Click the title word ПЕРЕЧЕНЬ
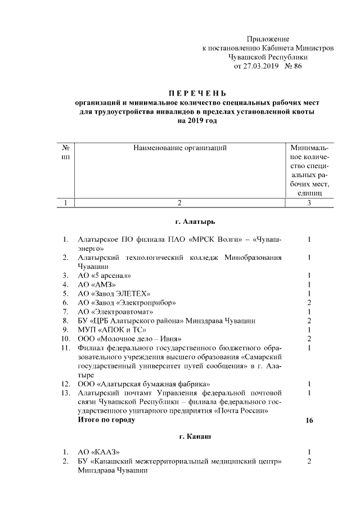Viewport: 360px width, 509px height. click(196, 93)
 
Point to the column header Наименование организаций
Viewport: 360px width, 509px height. click(179, 148)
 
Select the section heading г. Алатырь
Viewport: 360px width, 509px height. click(195, 222)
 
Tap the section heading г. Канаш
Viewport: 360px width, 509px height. click(195, 436)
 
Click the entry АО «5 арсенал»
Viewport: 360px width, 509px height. click(105, 276)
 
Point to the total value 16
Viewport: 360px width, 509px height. click(309, 420)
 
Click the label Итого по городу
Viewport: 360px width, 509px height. click(106, 420)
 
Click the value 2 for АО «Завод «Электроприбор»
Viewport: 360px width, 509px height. click(309, 303)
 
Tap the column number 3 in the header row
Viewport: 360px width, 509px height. click(309, 203)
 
